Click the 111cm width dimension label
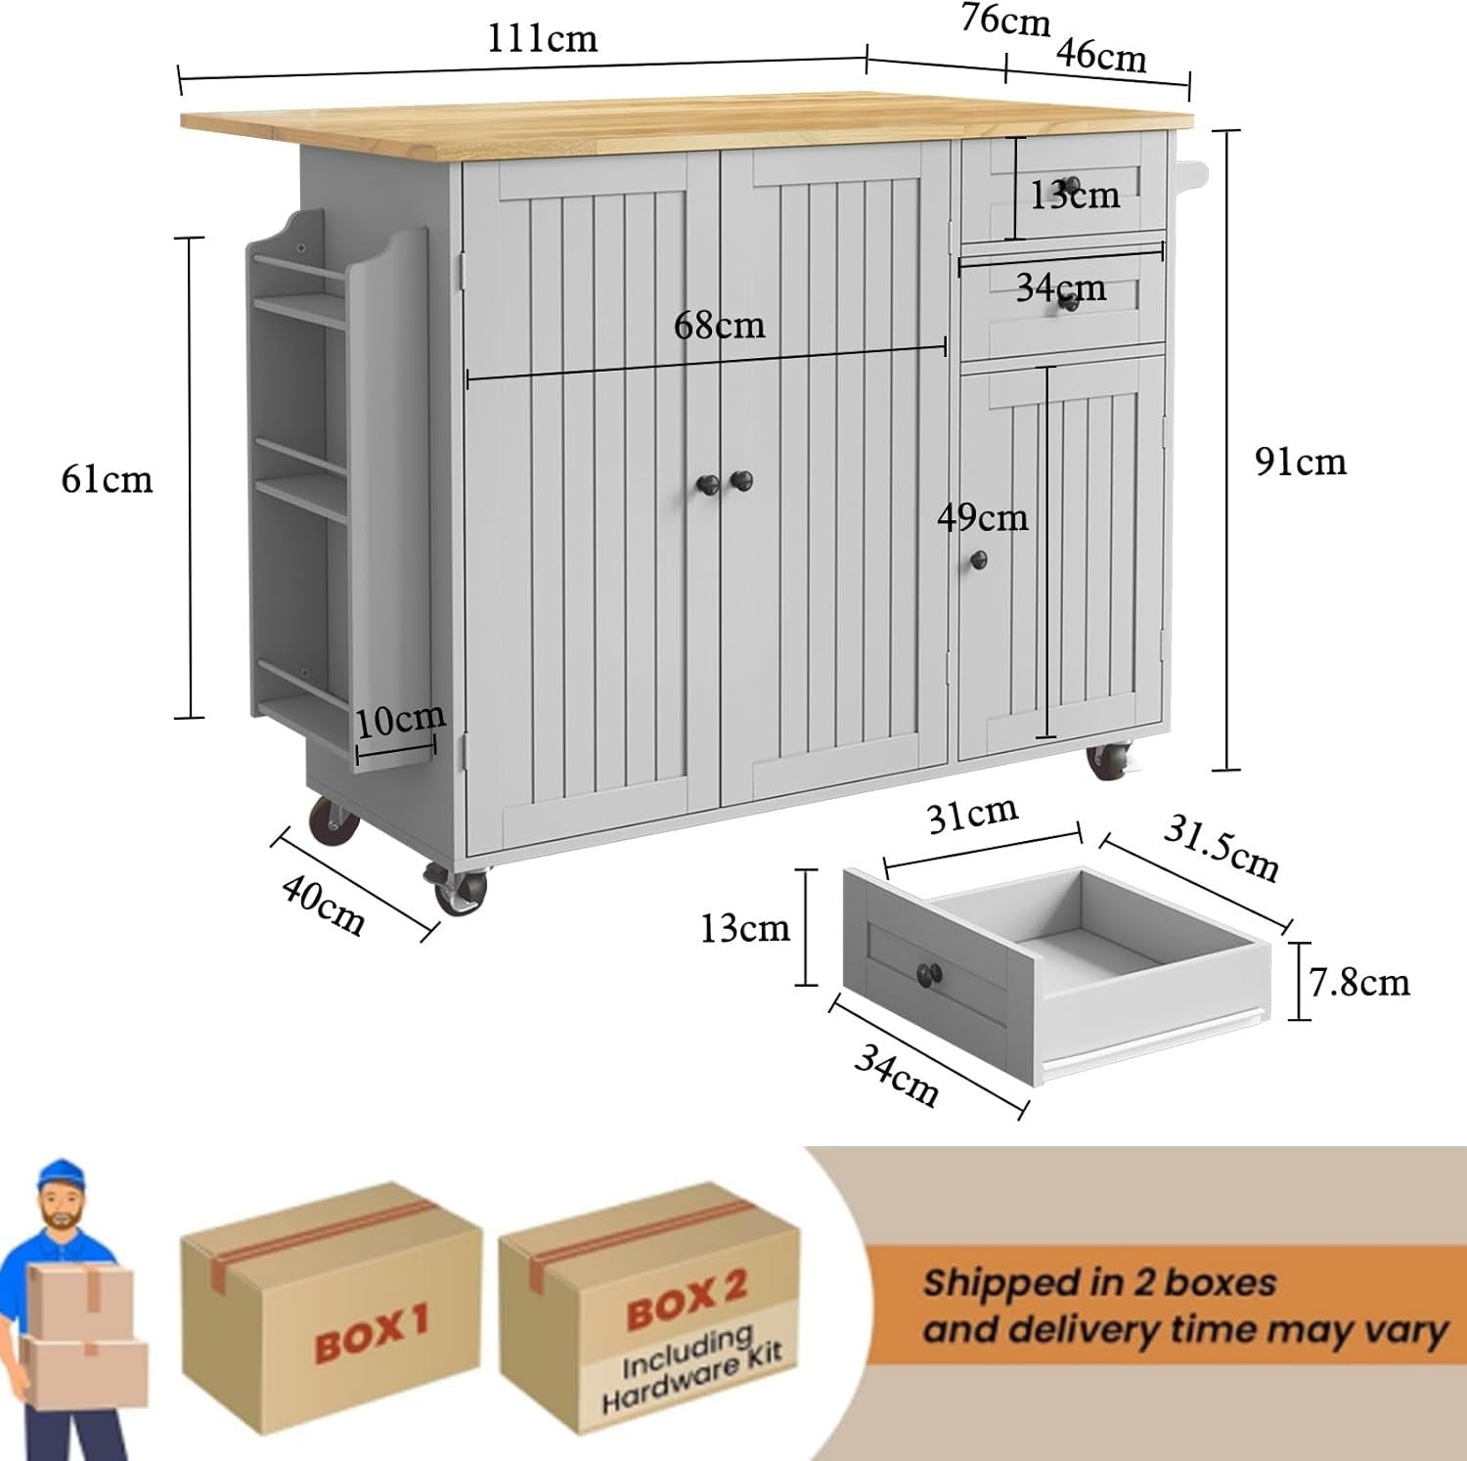(542, 38)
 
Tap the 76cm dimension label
(1004, 20)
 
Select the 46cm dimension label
(1100, 56)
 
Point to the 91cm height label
(1300, 462)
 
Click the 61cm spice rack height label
(108, 479)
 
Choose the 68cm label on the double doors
(719, 325)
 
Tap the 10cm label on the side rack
(400, 721)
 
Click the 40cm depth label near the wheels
(324, 905)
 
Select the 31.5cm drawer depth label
(1221, 848)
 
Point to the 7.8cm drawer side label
(1358, 982)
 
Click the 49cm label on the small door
(982, 517)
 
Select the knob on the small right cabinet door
(978, 559)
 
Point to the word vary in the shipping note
(1400, 1332)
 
